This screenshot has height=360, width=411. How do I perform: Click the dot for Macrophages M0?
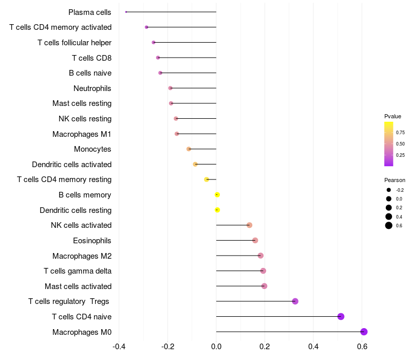(364, 332)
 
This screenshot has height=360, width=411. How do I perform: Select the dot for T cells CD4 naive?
(341, 316)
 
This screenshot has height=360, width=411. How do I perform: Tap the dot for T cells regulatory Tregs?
(295, 301)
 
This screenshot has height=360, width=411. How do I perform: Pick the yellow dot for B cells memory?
(217, 195)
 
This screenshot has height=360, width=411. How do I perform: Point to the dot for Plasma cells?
(126, 12)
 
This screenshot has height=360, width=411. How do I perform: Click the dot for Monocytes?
(189, 149)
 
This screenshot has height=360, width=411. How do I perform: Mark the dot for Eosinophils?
(255, 240)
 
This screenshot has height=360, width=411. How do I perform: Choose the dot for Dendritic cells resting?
(217, 210)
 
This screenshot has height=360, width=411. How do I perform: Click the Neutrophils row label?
(92, 88)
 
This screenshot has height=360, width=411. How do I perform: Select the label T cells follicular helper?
(74, 43)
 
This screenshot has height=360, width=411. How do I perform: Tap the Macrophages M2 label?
(82, 256)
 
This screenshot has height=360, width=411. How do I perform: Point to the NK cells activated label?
(81, 225)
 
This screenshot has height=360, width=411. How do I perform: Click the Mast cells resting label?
(82, 104)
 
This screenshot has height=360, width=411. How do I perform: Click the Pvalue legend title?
(393, 116)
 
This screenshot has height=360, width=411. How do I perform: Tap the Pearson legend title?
(395, 181)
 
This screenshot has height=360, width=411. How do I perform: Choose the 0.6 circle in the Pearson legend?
(389, 225)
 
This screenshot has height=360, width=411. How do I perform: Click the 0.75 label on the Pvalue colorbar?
(400, 132)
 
